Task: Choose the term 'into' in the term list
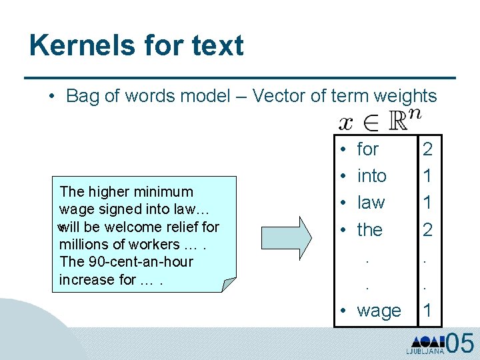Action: pos(372,176)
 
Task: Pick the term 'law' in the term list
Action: pos(371,203)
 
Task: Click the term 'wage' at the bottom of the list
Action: pos(379,311)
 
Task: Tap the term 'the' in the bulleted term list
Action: pos(370,230)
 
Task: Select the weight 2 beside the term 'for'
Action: pos(427,149)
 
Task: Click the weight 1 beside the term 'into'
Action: pos(427,176)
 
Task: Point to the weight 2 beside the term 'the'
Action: pos(427,230)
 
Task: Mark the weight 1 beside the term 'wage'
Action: pos(427,311)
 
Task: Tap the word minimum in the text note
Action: pos(162,192)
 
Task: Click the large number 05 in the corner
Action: pos(460,343)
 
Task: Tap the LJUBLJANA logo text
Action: pos(425,351)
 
